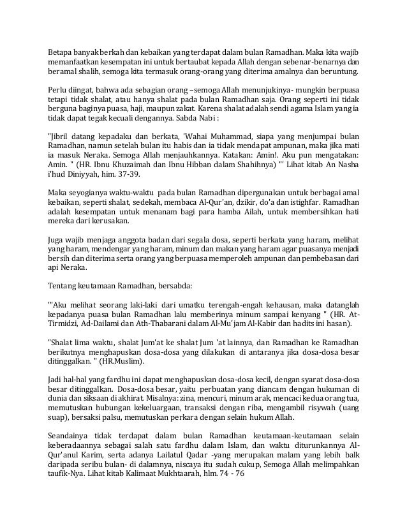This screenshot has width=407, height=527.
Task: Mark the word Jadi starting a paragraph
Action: (57, 378)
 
